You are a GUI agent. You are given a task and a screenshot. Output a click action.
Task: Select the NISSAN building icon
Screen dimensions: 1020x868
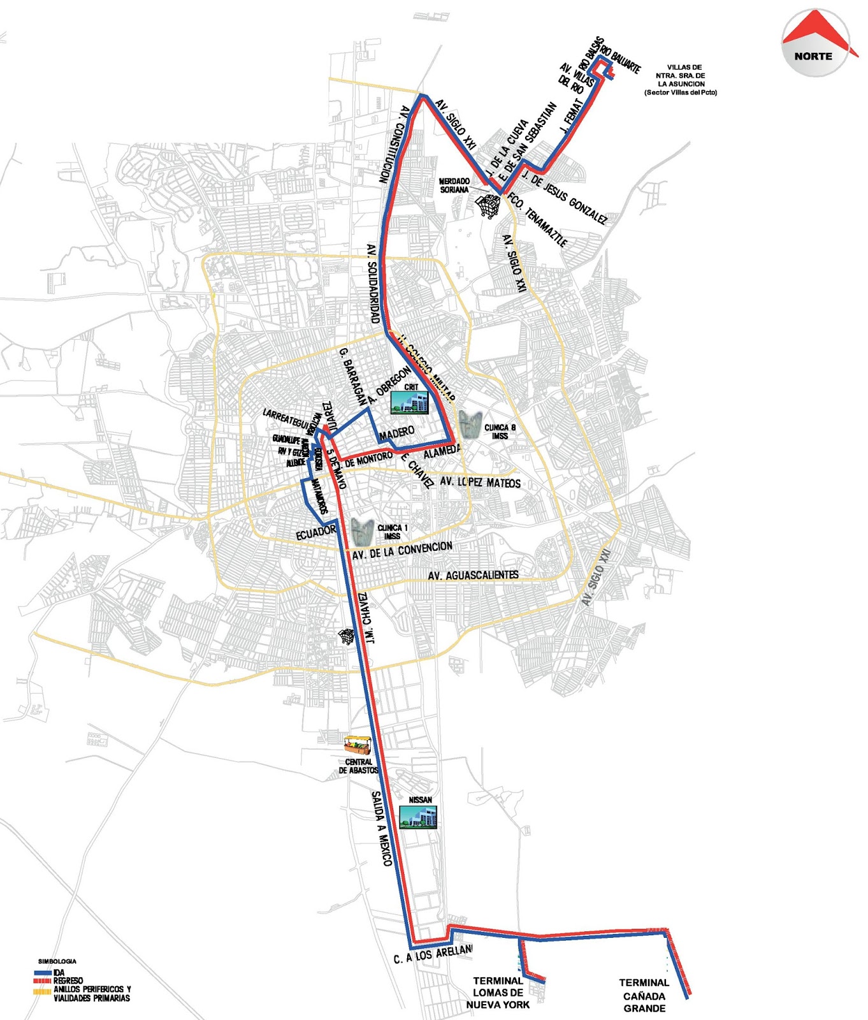click(x=419, y=817)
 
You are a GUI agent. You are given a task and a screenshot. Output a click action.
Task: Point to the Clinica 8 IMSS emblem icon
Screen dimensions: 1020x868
click(x=470, y=425)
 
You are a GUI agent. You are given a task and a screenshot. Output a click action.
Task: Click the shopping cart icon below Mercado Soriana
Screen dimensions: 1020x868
click(x=488, y=206)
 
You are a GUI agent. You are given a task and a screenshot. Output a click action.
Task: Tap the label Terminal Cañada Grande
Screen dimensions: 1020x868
click(x=644, y=995)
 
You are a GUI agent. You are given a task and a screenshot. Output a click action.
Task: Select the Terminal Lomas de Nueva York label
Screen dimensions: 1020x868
click(x=498, y=993)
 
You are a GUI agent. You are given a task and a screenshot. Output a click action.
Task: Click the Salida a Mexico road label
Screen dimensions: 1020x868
click(x=382, y=828)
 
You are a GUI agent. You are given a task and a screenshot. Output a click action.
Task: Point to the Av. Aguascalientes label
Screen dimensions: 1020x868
click(x=473, y=576)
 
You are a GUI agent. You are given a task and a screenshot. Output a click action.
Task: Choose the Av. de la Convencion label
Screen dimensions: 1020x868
click(x=402, y=551)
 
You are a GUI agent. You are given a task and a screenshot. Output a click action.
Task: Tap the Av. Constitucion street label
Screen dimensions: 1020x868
click(x=394, y=145)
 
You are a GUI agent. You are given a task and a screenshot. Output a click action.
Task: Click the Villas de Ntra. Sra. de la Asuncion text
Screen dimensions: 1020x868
click(x=681, y=80)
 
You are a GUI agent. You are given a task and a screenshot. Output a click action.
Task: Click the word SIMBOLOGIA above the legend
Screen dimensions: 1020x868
click(x=57, y=961)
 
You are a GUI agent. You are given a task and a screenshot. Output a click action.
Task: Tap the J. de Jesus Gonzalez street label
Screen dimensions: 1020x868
click(x=564, y=198)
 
